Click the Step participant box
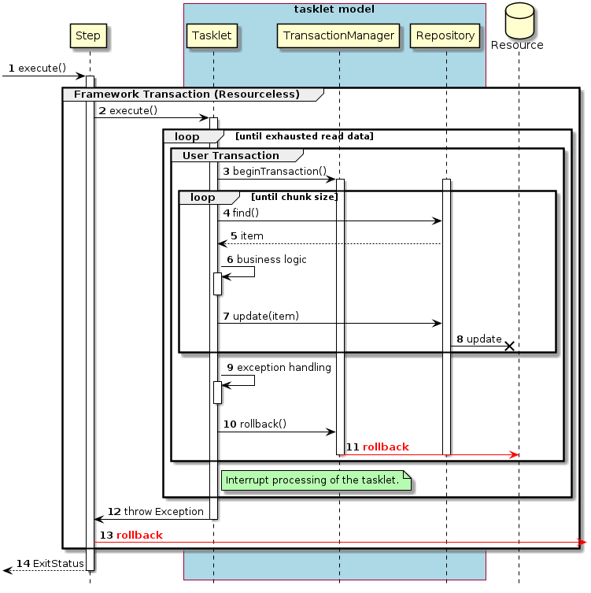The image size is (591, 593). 88,35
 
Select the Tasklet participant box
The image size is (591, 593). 212,35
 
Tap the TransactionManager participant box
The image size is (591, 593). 338,35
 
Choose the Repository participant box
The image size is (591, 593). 445,35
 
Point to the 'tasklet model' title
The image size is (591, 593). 334,9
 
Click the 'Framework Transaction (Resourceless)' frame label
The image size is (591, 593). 187,95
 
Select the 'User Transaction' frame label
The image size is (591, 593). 231,155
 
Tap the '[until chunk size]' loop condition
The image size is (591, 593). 294,197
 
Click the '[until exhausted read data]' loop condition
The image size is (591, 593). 304,136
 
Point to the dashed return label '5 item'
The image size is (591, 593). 246,235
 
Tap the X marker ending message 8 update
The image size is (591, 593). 509,346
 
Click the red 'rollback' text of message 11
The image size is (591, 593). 385,447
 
